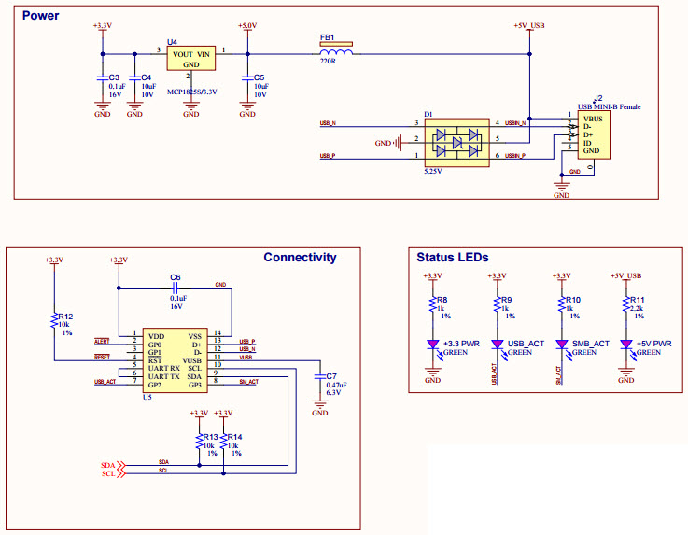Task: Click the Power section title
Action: click(41, 15)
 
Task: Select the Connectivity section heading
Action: click(300, 258)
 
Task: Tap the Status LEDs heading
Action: click(452, 258)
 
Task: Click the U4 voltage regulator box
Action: click(190, 58)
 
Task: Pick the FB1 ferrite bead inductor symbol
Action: click(334, 52)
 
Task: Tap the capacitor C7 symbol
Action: click(319, 376)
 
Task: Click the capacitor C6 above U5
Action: click(175, 287)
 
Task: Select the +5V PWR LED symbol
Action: click(625, 345)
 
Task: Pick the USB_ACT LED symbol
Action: click(497, 345)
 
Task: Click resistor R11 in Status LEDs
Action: click(625, 304)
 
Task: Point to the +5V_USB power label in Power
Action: click(529, 26)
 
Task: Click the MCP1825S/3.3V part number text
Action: click(191, 92)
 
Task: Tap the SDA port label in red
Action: click(107, 464)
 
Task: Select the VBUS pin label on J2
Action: click(593, 119)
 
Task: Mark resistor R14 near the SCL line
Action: click(223, 442)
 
